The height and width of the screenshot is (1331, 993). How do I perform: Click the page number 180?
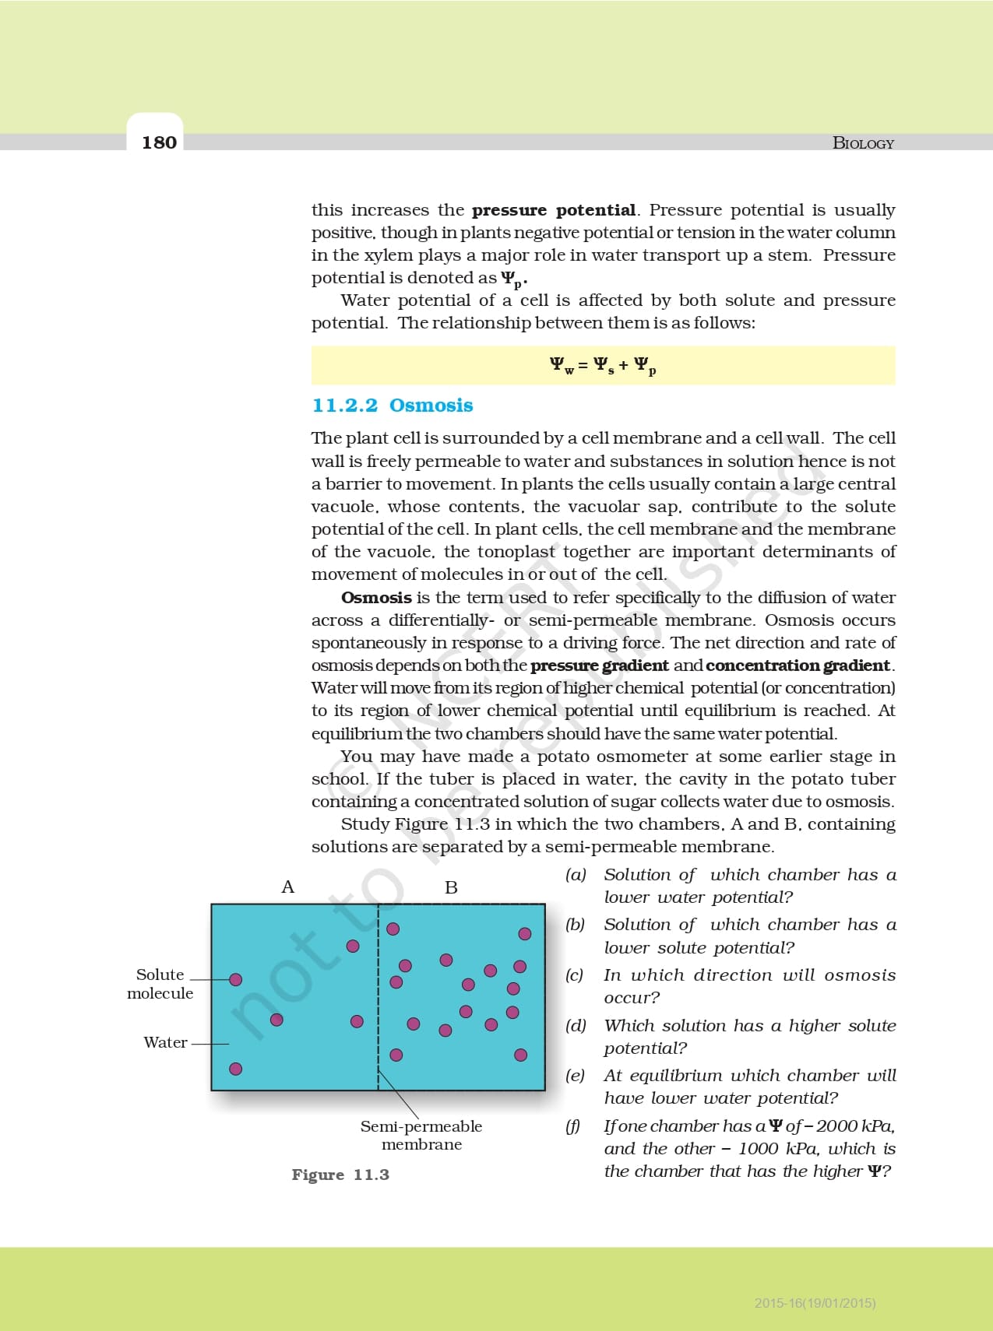[159, 142]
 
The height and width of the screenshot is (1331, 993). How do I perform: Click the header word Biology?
[863, 143]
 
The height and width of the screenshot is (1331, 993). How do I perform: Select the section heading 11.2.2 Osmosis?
[393, 406]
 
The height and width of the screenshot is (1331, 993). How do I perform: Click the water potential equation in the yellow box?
[603, 365]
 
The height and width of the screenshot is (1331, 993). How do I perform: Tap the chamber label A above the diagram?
[287, 887]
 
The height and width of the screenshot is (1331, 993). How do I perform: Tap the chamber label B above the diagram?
[451, 887]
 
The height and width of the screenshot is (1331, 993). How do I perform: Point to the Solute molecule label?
[160, 984]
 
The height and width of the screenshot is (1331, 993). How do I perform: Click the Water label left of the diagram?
[165, 1043]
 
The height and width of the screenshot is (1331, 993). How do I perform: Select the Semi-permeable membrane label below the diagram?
[421, 1135]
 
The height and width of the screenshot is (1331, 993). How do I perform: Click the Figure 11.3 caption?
[340, 1175]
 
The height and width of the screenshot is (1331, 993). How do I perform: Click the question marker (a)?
[576, 875]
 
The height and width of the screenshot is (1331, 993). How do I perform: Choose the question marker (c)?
[575, 975]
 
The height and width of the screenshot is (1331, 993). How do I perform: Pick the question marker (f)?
[573, 1126]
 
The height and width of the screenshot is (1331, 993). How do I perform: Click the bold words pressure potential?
[554, 210]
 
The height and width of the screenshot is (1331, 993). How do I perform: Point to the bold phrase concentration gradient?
[798, 665]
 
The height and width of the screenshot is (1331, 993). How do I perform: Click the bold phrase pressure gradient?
[599, 665]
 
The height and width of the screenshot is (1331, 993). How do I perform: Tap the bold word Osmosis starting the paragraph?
[376, 598]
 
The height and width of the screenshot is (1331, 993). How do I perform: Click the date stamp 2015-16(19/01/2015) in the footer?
[815, 1302]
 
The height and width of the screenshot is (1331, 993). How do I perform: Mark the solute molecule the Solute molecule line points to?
[235, 979]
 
